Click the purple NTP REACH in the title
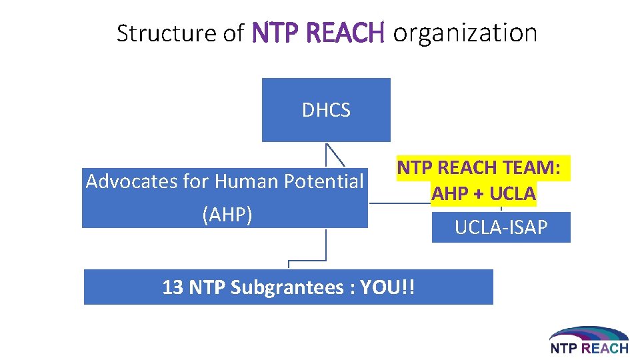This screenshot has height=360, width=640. click(319, 32)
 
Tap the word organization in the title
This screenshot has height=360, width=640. click(465, 33)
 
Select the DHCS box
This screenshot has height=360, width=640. click(326, 110)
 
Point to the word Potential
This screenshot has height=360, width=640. click(324, 181)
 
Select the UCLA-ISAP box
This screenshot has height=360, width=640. click(501, 228)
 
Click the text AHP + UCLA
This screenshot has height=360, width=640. click(483, 193)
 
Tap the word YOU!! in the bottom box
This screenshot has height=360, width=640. click(387, 288)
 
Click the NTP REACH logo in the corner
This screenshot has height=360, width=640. click(589, 340)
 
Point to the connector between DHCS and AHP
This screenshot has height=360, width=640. click(334, 154)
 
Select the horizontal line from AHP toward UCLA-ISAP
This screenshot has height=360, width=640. click(400, 203)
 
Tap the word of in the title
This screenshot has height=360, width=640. click(234, 33)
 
